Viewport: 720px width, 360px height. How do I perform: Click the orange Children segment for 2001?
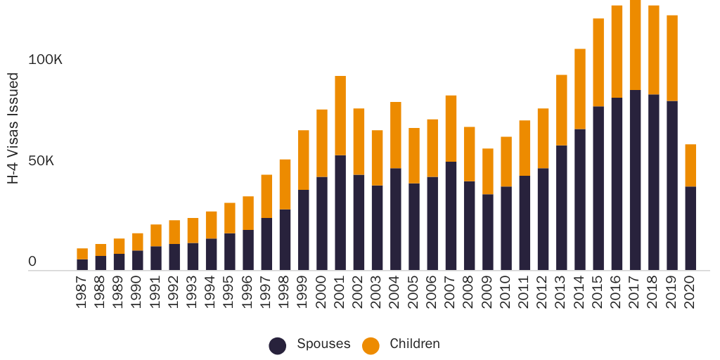(x=340, y=115)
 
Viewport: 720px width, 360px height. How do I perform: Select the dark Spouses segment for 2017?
(x=635, y=180)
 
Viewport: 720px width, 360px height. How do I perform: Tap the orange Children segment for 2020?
(x=690, y=165)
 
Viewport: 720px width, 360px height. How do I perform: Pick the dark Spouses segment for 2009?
(x=487, y=232)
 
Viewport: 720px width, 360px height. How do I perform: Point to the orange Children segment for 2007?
(x=451, y=129)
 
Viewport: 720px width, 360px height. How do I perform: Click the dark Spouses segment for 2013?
(x=561, y=207)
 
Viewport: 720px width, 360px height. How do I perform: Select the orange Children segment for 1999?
(x=304, y=160)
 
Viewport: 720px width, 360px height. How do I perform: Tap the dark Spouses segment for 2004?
(x=396, y=219)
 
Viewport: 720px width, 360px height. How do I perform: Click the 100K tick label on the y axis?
(x=45, y=60)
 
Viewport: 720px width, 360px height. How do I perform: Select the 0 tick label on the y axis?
(x=32, y=262)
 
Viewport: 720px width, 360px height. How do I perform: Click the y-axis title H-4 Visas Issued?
(x=13, y=128)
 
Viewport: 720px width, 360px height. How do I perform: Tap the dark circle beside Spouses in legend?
(x=278, y=345)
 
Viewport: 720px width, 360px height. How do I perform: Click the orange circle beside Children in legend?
(x=371, y=345)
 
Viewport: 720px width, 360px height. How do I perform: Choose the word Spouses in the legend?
(x=323, y=344)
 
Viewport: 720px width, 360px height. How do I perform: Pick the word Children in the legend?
(x=415, y=344)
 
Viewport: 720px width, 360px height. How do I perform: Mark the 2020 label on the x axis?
(x=690, y=293)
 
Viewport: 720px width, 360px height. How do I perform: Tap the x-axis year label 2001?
(x=340, y=293)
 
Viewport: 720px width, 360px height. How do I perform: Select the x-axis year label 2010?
(x=506, y=293)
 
